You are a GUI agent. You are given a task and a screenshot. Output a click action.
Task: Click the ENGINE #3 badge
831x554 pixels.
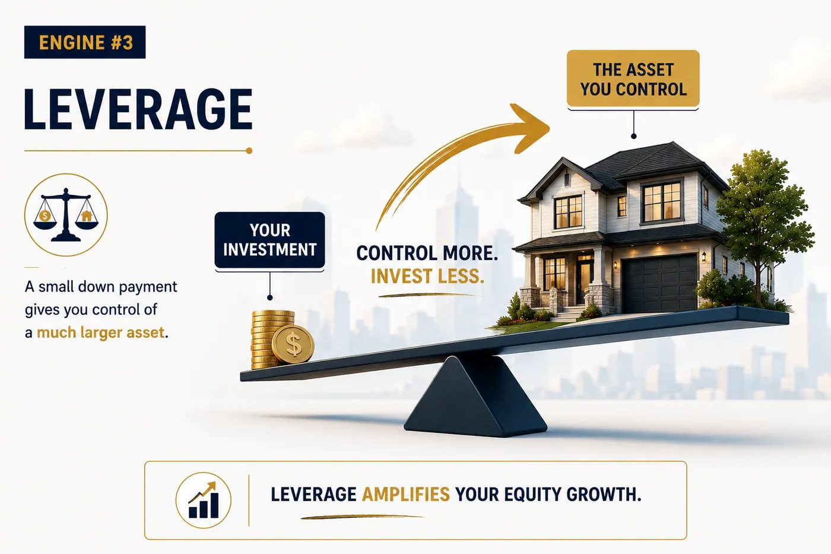84,42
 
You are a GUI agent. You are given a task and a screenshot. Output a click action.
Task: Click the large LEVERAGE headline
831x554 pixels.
138,110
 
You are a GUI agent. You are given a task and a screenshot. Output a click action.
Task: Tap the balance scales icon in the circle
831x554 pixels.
66,214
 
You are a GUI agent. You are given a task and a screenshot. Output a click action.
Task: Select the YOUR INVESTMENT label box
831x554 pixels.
269,240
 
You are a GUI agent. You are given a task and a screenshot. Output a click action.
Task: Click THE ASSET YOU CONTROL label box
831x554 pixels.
633,78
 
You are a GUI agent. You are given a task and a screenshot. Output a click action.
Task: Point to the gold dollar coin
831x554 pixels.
293,344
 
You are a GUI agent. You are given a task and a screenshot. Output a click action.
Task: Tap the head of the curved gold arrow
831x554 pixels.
531,128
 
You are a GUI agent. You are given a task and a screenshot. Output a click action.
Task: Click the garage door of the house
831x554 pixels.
659,284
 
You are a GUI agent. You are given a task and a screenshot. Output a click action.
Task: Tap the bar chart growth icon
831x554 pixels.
203,500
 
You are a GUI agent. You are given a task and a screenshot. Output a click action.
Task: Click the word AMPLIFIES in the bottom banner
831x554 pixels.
405,494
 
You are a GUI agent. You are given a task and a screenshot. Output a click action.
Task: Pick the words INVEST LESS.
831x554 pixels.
427,276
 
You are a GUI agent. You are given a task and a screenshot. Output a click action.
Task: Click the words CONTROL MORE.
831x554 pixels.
427,253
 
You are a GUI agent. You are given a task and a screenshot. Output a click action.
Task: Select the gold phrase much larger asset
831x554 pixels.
100,332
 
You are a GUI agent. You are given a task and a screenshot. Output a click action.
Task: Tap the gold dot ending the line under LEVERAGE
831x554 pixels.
249,151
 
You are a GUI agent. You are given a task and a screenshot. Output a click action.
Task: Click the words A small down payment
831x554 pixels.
101,287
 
